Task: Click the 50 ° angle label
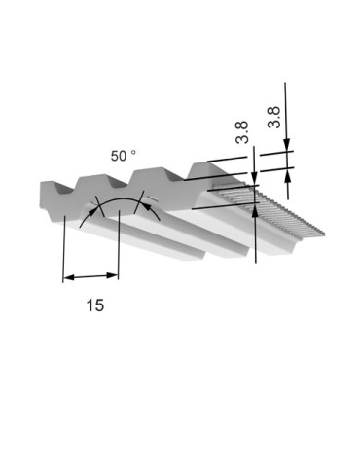124,156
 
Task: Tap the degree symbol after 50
133,152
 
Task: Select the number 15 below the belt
95,305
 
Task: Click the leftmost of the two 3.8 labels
242,132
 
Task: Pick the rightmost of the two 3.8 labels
273,118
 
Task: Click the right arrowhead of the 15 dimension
112,275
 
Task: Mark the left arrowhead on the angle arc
92,212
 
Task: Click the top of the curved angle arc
119,199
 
